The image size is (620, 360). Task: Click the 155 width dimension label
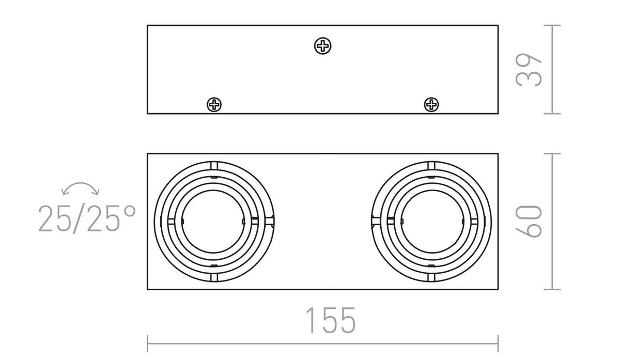tap(331, 320)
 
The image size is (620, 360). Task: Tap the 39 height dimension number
tap(529, 70)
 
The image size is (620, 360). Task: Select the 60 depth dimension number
tap(529, 222)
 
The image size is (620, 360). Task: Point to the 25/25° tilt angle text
tap(87, 218)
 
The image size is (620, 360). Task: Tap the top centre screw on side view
tap(323, 46)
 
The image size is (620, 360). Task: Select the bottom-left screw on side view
tap(214, 105)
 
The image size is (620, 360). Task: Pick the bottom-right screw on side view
tap(431, 105)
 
